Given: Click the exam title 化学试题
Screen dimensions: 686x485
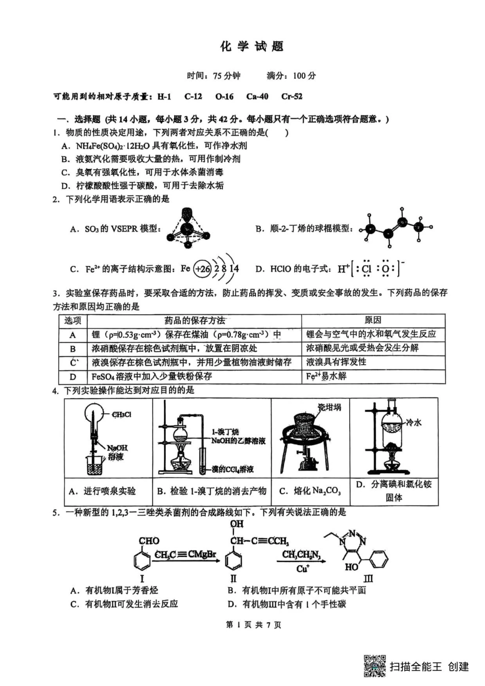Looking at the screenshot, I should tap(252, 46).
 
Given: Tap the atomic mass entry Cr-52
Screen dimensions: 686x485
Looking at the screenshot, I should tap(292, 96).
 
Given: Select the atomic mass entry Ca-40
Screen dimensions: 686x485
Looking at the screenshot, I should tap(257, 96).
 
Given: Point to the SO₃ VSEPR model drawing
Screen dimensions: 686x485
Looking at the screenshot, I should tap(188, 228).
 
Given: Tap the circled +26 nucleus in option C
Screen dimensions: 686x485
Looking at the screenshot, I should tap(203, 269).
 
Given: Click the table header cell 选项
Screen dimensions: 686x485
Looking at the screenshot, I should tap(72, 320).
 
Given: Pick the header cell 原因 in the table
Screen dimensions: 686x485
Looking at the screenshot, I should tap(373, 320).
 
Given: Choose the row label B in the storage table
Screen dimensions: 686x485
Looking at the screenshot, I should tap(72, 348).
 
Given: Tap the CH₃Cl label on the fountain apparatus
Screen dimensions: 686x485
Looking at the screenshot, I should tap(122, 414).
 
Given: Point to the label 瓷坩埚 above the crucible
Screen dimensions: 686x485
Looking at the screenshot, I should tap(329, 407).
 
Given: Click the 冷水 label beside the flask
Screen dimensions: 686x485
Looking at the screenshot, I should tap(414, 422).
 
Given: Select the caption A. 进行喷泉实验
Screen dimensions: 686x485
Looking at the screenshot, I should tap(103, 491).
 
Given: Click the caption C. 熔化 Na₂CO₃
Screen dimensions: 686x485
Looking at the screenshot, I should tap(310, 491).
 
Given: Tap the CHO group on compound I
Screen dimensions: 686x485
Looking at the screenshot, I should tap(149, 541).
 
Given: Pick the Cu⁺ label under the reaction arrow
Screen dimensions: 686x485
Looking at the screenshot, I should tap(302, 569).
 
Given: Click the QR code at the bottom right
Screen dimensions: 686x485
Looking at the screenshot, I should tap(374, 666).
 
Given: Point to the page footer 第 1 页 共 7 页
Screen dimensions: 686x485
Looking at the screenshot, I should tap(253, 625).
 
